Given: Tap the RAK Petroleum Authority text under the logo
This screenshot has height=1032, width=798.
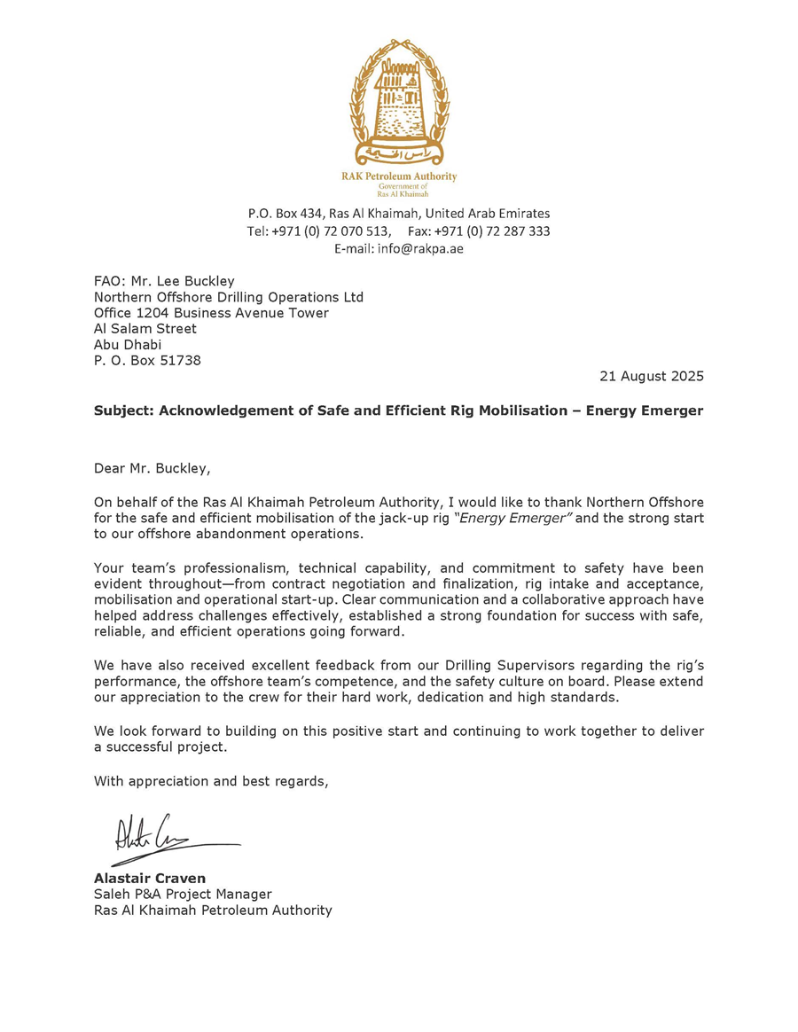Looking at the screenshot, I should [x=399, y=176].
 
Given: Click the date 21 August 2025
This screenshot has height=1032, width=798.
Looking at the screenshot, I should [x=651, y=376].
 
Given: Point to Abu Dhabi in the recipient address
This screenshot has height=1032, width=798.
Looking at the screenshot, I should [x=128, y=345].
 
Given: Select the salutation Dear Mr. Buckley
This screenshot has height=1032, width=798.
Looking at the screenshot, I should [x=153, y=468].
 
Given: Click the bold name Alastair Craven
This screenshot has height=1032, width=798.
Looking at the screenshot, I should [x=149, y=879].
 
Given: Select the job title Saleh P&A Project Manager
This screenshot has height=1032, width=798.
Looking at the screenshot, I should [x=183, y=895].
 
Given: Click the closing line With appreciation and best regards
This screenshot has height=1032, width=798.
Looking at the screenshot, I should [x=211, y=781].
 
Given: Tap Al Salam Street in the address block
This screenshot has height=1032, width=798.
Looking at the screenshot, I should [x=145, y=329].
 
